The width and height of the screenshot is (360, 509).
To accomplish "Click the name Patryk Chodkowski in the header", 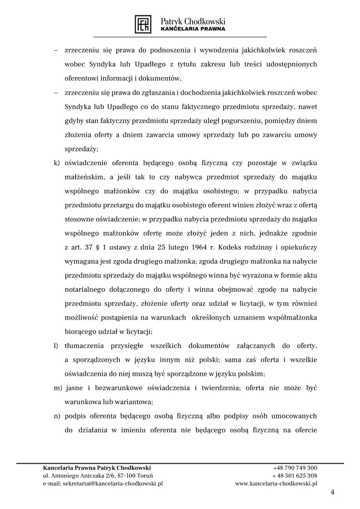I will pos(193,21).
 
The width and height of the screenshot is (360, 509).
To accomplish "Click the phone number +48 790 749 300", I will pos(295,468).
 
